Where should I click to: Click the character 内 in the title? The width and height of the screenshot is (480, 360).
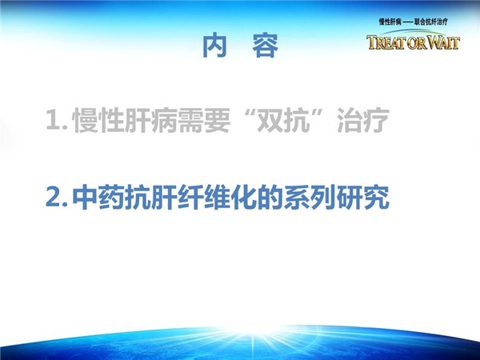(215, 45)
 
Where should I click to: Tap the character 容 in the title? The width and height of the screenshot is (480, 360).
(266, 45)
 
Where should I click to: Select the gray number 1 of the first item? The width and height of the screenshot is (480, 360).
(53, 119)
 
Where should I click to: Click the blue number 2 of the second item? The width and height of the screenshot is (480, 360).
(53, 197)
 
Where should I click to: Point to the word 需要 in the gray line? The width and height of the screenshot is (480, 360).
(204, 120)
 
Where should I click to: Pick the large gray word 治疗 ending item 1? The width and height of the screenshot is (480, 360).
(363, 120)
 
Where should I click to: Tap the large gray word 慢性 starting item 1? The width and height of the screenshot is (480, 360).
(98, 120)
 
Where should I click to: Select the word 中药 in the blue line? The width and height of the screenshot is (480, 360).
(98, 197)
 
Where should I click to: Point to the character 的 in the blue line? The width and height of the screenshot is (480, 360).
(270, 197)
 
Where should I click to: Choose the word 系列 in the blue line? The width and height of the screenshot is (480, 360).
(310, 197)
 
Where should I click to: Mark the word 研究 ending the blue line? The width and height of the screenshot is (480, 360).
(363, 197)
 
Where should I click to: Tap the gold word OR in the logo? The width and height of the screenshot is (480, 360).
(417, 43)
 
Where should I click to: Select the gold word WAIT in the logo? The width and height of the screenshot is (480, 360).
(443, 42)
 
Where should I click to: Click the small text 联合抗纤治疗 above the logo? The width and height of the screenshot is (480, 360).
(430, 22)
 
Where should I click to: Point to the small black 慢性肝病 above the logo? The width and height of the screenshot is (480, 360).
(390, 22)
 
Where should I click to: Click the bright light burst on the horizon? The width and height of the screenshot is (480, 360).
(253, 332)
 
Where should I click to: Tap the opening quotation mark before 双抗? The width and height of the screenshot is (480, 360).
(246, 113)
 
